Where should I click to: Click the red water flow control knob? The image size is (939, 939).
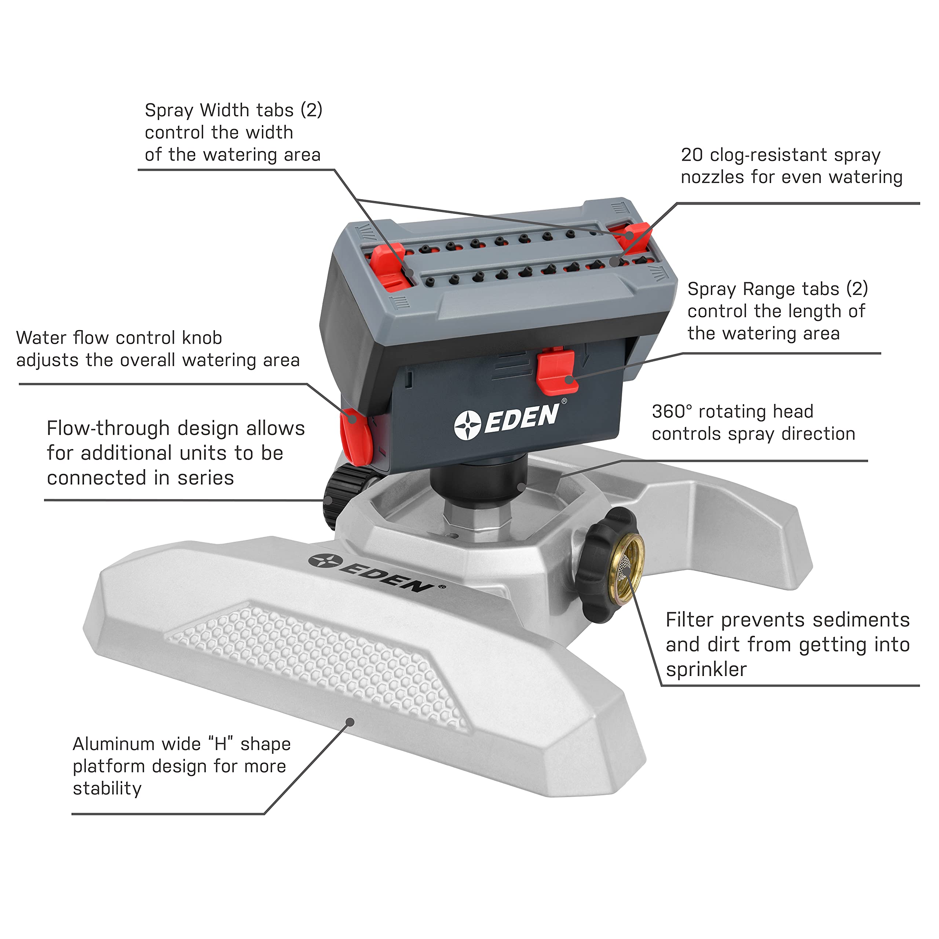coord(356,436)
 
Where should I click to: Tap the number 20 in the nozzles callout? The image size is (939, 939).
coord(692,155)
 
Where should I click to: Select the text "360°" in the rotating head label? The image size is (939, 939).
coord(672,412)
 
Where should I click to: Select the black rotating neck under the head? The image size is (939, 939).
coord(479,481)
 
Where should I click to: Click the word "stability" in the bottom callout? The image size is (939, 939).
coord(107,789)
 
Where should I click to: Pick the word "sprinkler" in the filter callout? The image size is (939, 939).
coord(706,670)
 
